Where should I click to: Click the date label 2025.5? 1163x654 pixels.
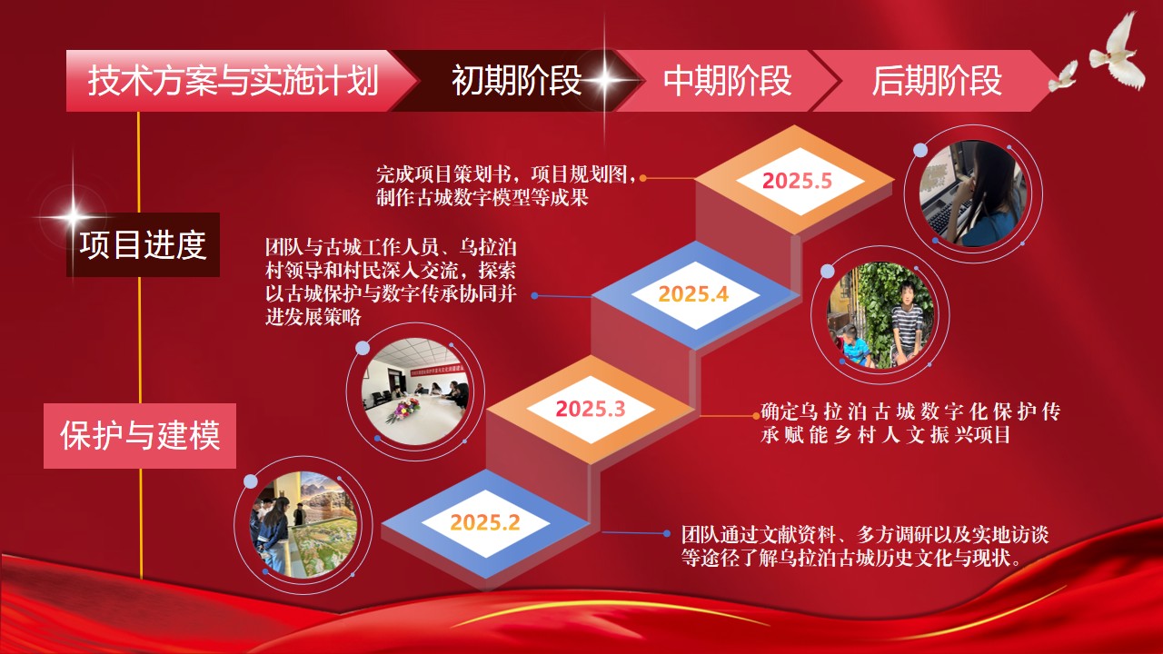click(797, 181)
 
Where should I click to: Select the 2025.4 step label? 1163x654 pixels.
click(693, 294)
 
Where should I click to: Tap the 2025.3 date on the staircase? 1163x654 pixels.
click(591, 409)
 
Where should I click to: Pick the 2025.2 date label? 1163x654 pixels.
click(485, 522)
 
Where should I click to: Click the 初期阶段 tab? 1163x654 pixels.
click(517, 81)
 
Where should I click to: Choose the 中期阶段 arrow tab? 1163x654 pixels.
click(727, 81)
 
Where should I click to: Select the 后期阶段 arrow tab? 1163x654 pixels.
click(936, 81)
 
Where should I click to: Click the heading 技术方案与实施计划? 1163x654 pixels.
click(234, 81)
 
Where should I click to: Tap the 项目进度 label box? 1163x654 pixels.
click(143, 244)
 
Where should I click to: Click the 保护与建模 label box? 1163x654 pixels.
click(140, 435)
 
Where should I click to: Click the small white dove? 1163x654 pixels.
click(1062, 77)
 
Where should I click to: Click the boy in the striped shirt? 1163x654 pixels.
click(906, 322)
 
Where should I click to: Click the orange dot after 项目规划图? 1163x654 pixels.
click(642, 178)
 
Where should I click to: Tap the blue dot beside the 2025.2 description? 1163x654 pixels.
click(667, 533)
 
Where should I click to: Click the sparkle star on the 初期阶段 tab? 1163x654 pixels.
click(604, 80)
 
